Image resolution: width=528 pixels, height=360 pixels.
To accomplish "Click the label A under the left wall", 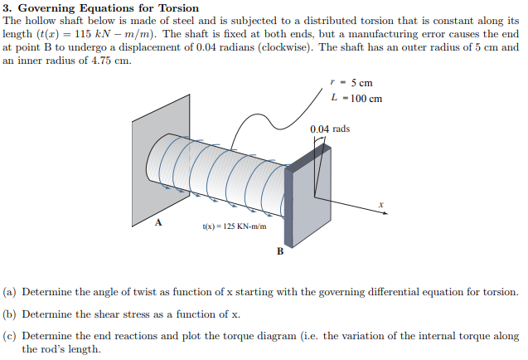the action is tap(158, 222).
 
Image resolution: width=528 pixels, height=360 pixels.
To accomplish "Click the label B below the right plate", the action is tap(280, 251).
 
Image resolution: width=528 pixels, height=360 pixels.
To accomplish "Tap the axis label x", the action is tap(380, 204).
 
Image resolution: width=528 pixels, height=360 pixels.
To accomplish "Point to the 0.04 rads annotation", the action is tap(330, 129).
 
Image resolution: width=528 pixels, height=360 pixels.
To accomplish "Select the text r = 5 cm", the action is tap(351, 83).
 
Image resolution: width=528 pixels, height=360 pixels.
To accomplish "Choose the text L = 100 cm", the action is tap(356, 99).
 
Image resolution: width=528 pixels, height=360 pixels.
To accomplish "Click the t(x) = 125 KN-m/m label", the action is tap(235, 226).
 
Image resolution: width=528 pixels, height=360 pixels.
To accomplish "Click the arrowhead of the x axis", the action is tap(385, 213).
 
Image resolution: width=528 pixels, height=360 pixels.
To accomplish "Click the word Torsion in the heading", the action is tap(179, 8).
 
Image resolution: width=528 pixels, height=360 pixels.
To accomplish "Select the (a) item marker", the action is tap(9, 292).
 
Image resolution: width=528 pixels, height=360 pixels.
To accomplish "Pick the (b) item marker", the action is tap(9, 314).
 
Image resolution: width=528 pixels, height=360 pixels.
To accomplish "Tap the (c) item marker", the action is tap(9, 336).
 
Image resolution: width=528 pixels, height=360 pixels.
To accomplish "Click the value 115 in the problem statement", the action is tap(83, 34).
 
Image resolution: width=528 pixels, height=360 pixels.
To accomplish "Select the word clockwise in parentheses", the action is tap(285, 47).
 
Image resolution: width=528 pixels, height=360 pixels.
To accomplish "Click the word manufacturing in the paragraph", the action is tap(380, 34).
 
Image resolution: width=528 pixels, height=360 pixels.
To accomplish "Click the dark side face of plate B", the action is tap(288, 207).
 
